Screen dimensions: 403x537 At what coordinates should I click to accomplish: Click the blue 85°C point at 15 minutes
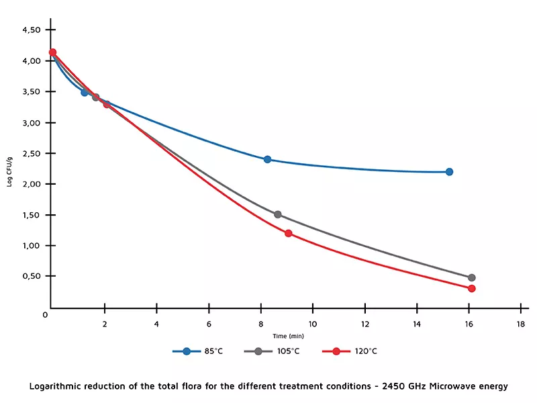click(x=449, y=172)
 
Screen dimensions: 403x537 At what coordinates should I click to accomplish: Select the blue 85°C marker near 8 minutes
click(x=267, y=159)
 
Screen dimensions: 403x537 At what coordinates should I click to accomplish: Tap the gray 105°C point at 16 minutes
click(x=471, y=277)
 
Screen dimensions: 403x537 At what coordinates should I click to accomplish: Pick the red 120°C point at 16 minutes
click(x=471, y=288)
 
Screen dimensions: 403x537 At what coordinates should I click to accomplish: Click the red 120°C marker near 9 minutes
click(x=288, y=233)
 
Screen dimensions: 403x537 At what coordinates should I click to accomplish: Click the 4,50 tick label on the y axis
click(x=32, y=30)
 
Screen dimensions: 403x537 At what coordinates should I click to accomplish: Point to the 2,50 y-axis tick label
click(x=32, y=153)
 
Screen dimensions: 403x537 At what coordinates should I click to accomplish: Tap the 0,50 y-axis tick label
click(x=32, y=276)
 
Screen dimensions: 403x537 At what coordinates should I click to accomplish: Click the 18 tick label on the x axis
click(x=521, y=324)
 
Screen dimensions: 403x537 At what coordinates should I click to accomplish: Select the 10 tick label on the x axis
click(x=312, y=324)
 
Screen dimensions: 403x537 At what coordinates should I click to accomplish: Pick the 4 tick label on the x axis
click(x=156, y=324)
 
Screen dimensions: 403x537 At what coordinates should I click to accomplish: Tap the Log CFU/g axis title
click(x=10, y=171)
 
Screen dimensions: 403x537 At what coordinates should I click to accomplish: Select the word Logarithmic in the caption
click(x=61, y=386)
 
